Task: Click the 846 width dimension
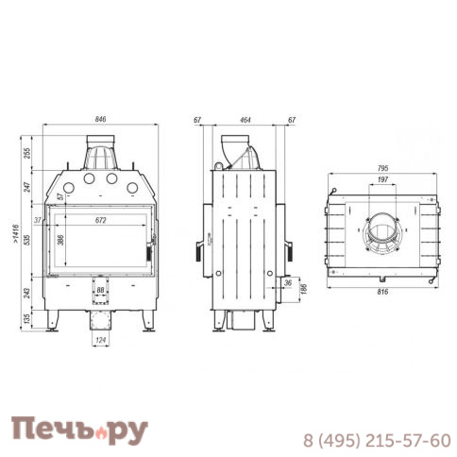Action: pyautogui.click(x=100, y=119)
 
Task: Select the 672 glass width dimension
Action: pyautogui.click(x=101, y=220)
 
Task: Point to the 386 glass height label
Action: pyautogui.click(x=60, y=240)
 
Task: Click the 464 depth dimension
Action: pyautogui.click(x=245, y=120)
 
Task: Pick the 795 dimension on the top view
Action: pyautogui.click(x=382, y=168)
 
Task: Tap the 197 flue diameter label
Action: pyautogui.click(x=382, y=179)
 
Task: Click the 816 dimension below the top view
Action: pyautogui.click(x=382, y=292)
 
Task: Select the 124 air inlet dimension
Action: pyautogui.click(x=101, y=340)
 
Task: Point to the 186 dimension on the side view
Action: pyautogui.click(x=304, y=289)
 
